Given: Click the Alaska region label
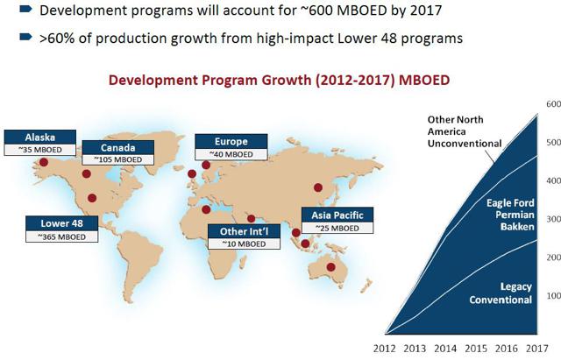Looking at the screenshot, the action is [x=40, y=137].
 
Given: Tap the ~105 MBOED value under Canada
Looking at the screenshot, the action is [x=118, y=159].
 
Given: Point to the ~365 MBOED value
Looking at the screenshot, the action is [x=62, y=236].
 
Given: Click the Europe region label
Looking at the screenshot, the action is [x=231, y=141].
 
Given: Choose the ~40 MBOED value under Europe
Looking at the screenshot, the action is [x=231, y=154].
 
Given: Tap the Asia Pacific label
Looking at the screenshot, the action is [x=337, y=215].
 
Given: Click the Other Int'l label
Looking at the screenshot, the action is [x=244, y=231].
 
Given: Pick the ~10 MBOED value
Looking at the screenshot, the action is [x=244, y=244].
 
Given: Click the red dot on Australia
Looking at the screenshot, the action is [x=331, y=266].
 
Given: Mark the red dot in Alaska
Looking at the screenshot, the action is [x=44, y=162].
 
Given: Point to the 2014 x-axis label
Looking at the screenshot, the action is [x=445, y=349].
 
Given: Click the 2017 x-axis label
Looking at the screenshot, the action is [x=537, y=349].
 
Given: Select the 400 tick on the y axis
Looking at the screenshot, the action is [x=553, y=180].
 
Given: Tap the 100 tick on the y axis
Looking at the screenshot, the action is [x=553, y=296].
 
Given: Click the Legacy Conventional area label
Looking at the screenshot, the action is [x=501, y=293].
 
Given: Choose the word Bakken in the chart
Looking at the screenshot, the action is [x=517, y=227].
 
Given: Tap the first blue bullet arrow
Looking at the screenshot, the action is [x=25, y=9].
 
